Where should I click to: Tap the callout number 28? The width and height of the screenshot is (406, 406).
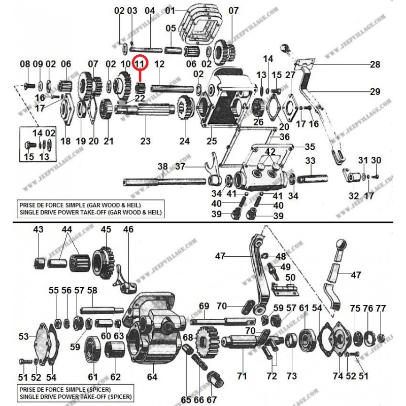click(x=375, y=65)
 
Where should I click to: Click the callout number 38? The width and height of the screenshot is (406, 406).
click(x=162, y=166)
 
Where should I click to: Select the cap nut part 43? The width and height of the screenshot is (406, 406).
click(x=39, y=264)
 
